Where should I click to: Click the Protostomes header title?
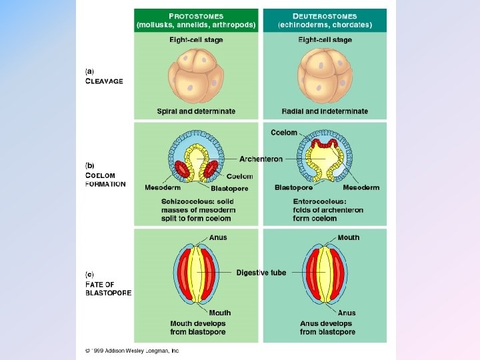pyautogui.click(x=195, y=16)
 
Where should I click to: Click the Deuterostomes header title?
pyautogui.click(x=325, y=16)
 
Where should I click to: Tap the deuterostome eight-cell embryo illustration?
pyautogui.click(x=325, y=75)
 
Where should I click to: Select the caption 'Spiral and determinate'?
pyautogui.click(x=196, y=111)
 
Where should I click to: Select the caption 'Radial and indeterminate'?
pyautogui.click(x=325, y=111)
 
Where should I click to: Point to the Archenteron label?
pyautogui.click(x=261, y=159)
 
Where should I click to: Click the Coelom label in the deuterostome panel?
pyautogui.click(x=284, y=133)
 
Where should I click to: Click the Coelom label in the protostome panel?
pyautogui.click(x=239, y=177)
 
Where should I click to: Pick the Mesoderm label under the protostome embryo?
pyautogui.click(x=161, y=187)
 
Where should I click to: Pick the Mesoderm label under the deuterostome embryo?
pyautogui.click(x=361, y=187)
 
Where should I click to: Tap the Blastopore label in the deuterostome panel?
pyautogui.click(x=293, y=187)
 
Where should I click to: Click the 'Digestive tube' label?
pyautogui.click(x=261, y=273)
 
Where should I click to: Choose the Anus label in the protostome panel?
pyautogui.click(x=218, y=237)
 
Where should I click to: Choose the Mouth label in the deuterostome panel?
pyautogui.click(x=348, y=237)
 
